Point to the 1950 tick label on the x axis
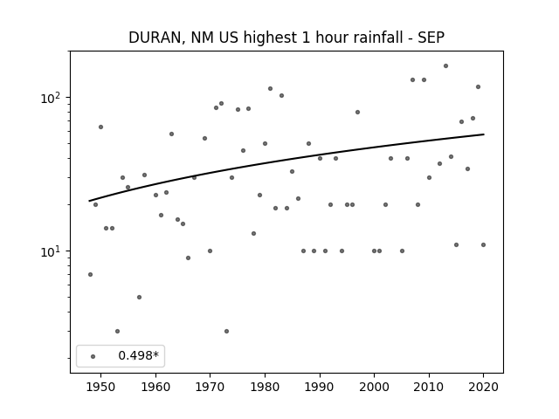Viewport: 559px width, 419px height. [101, 387]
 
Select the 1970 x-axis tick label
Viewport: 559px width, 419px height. [210, 387]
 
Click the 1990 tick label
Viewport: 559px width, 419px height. [320, 387]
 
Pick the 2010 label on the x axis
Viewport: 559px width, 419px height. [429, 387]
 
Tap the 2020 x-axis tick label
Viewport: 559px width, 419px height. [483, 387]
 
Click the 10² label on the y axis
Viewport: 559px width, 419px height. [52, 98]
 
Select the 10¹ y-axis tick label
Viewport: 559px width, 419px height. [52, 251]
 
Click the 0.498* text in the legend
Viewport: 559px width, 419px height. [138, 355]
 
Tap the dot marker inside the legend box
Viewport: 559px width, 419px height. [93, 356]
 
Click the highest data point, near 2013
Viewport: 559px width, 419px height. [445, 66]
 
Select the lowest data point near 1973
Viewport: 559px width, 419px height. [226, 332]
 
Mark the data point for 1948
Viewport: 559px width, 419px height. [90, 274]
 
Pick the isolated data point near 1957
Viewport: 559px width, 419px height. [139, 297]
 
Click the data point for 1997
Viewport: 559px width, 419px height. [357, 113]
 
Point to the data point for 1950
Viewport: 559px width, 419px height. [101, 127]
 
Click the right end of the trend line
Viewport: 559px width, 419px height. [484, 134]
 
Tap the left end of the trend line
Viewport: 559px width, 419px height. [89, 201]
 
